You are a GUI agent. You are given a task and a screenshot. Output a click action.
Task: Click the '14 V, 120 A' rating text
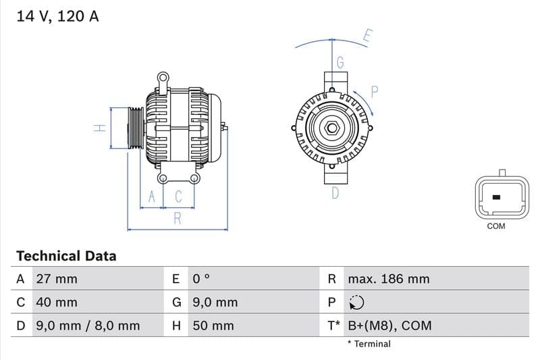point(57,16)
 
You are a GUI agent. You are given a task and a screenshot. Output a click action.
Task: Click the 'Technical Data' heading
point(66,256)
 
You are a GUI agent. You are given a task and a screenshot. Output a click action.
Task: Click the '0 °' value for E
point(202,279)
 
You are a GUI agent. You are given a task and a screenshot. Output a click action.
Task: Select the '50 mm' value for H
point(213,326)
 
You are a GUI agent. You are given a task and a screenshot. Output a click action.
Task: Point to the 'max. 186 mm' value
point(388,279)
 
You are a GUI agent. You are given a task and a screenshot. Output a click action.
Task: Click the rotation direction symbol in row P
point(356,303)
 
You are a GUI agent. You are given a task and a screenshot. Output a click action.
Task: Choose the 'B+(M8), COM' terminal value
point(389,326)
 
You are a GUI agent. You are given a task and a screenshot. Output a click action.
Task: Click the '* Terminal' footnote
point(369,344)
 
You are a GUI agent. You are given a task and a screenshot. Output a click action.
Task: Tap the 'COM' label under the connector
point(496,226)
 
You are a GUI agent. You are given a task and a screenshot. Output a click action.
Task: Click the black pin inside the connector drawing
point(496,197)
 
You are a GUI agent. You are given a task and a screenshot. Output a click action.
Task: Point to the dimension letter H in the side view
point(99,128)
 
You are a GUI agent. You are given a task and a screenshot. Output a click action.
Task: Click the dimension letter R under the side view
point(178,217)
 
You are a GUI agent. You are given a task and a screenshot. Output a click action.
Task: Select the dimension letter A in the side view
point(152,197)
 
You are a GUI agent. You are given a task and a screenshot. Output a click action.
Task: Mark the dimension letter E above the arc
point(367,36)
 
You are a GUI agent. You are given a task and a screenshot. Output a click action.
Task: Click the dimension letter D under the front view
point(335,194)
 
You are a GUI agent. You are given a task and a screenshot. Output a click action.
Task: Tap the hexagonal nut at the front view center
point(331,128)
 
